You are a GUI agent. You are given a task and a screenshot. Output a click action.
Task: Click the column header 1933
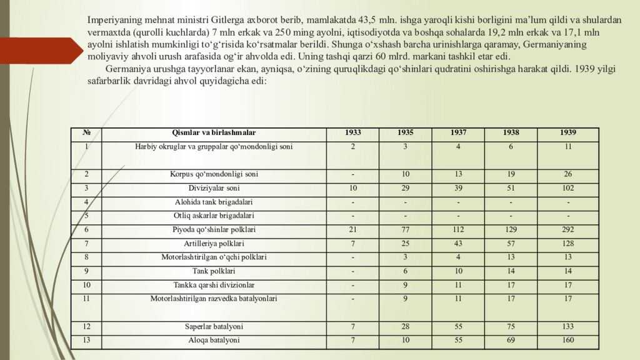(x=352, y=133)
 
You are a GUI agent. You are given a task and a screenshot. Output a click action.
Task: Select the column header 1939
(x=568, y=133)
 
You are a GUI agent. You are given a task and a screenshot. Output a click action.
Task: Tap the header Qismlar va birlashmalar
(x=214, y=133)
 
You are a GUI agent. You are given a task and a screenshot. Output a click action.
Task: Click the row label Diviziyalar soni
(x=214, y=188)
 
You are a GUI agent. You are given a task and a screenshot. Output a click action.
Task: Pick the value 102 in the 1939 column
(x=568, y=188)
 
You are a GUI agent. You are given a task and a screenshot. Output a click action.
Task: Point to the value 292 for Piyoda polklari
(x=568, y=230)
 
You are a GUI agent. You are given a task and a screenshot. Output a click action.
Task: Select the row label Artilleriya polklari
(x=214, y=244)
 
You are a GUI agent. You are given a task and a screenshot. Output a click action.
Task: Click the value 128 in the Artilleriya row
(x=568, y=244)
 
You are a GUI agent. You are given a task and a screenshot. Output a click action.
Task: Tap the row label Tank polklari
(x=214, y=271)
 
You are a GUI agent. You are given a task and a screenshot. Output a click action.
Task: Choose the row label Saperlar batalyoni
(x=214, y=327)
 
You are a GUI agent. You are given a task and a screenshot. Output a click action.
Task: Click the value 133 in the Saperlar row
(x=568, y=327)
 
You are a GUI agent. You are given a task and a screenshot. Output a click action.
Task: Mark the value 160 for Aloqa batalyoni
(x=568, y=341)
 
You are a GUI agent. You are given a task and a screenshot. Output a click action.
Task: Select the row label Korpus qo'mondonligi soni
(x=214, y=174)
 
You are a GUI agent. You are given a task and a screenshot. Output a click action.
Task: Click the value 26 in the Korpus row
(x=568, y=174)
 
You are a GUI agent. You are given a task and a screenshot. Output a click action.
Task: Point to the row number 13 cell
(x=86, y=341)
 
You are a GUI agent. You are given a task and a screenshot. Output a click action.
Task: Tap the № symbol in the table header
(x=86, y=133)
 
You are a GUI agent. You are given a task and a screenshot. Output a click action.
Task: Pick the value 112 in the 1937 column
(x=458, y=230)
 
